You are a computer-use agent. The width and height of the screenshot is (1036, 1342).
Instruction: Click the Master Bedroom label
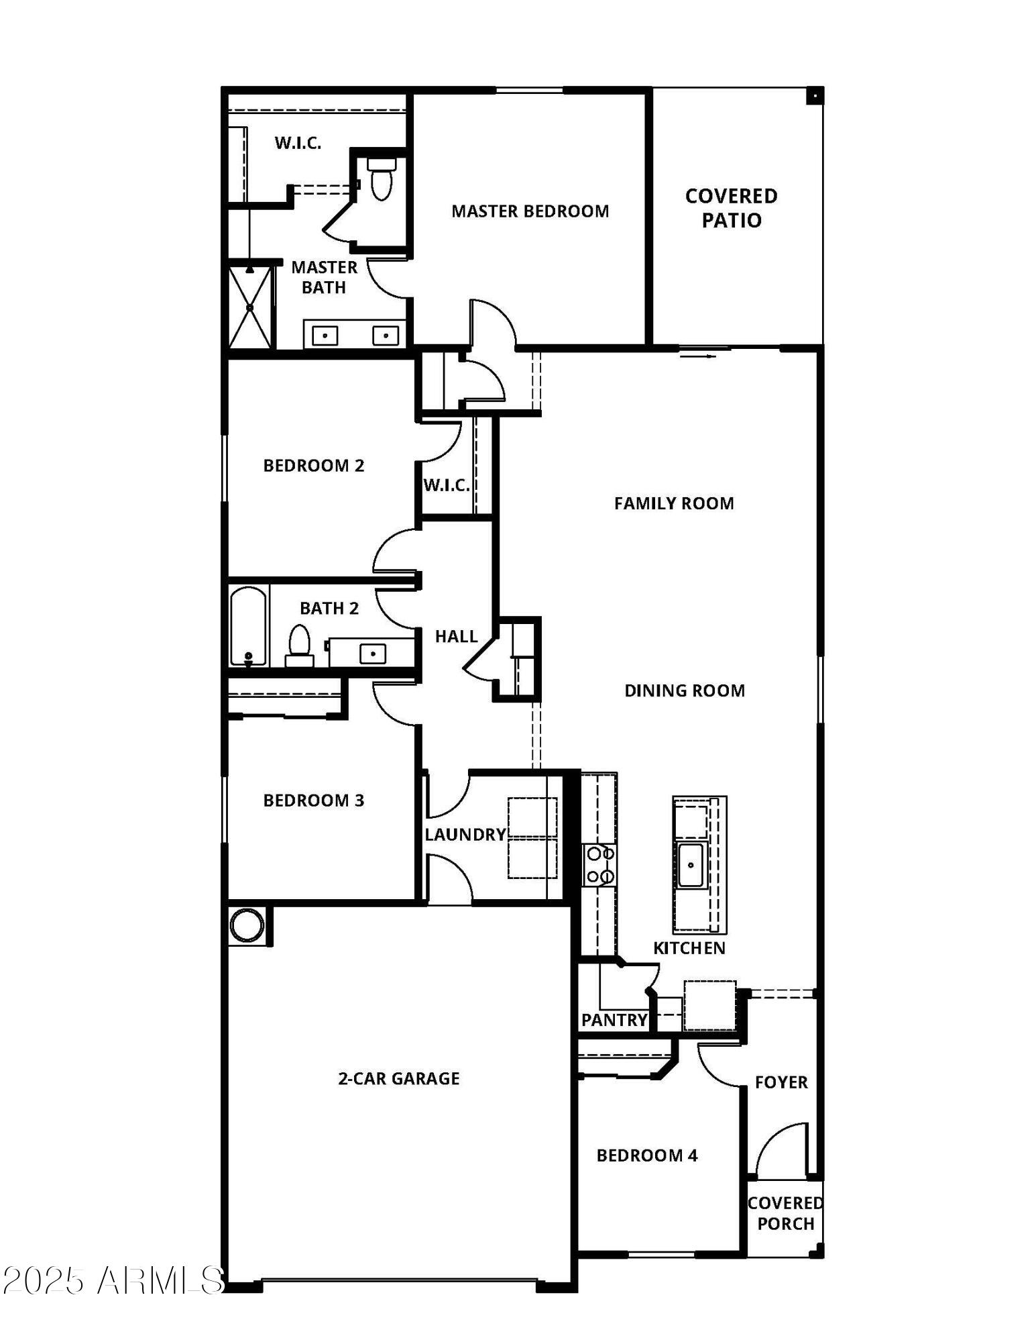[530, 211]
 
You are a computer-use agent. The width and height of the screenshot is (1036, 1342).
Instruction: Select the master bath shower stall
[250, 307]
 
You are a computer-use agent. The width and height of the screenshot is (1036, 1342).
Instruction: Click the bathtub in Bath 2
[248, 626]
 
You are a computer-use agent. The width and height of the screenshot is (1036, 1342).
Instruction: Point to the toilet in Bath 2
[299, 644]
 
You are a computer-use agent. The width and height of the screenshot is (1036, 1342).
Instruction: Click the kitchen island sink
[691, 865]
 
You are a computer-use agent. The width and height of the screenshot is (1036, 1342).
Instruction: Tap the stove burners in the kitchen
[599, 865]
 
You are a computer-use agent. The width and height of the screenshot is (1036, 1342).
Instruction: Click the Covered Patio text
[731, 208]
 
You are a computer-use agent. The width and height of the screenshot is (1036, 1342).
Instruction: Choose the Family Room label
[673, 503]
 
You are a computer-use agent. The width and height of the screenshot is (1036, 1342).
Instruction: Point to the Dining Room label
[684, 690]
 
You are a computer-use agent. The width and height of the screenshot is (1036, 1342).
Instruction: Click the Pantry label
[614, 1021]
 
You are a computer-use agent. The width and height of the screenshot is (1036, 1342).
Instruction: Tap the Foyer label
[781, 1082]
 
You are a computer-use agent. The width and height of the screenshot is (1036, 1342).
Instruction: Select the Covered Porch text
[785, 1213]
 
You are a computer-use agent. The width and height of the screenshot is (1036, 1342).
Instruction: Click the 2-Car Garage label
[398, 1078]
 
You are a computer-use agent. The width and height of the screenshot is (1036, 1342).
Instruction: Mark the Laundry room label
[465, 834]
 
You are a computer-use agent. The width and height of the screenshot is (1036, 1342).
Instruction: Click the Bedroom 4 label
[646, 1155]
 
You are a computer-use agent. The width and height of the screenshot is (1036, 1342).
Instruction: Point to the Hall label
[456, 636]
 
